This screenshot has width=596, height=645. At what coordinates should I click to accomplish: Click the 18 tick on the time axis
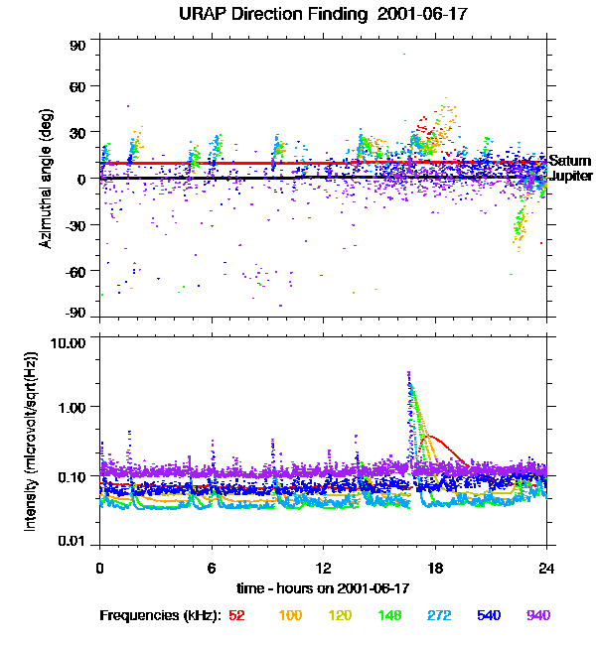[x=434, y=569]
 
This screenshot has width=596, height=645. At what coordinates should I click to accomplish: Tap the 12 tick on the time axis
[x=323, y=569]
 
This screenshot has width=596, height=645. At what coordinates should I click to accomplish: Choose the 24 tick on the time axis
[x=545, y=569]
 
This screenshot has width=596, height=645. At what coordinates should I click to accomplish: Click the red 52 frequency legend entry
[x=236, y=616]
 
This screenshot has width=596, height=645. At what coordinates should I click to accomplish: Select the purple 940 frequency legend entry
[x=537, y=616]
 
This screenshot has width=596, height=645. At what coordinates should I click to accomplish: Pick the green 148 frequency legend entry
[x=389, y=616]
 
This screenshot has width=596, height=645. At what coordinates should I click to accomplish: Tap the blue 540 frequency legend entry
[x=488, y=616]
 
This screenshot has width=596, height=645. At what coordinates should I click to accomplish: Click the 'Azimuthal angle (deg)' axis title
[x=47, y=178]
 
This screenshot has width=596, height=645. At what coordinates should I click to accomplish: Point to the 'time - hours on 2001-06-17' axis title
[x=323, y=588]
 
